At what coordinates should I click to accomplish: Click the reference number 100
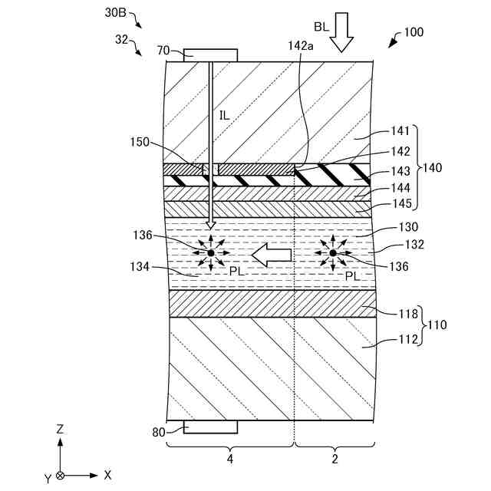tap(414, 32)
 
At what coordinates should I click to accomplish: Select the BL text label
tap(321, 26)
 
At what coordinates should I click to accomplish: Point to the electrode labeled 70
tap(210, 55)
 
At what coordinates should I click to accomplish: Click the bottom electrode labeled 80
tap(210, 427)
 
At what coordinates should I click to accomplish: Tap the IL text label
tap(224, 116)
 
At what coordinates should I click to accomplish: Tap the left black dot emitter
tap(210, 252)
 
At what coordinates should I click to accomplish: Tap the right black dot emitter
tap(333, 252)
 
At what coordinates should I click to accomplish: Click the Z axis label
tap(60, 429)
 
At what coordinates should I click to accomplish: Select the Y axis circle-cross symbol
tap(61, 476)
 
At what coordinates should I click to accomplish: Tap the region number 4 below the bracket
tap(229, 460)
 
